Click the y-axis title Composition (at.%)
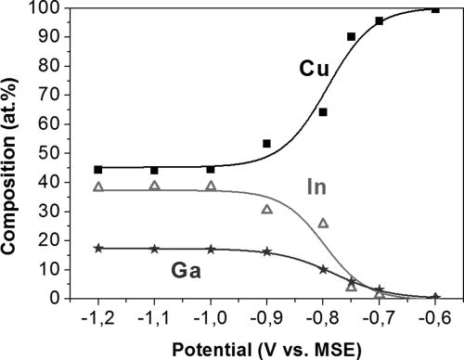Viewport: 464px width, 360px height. tap(14, 153)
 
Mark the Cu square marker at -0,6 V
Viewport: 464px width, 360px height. tap(435, 9)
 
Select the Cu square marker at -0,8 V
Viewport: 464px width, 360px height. tap(323, 112)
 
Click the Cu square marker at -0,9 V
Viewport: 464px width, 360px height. tap(267, 144)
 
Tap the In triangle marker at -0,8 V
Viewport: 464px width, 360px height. tap(323, 223)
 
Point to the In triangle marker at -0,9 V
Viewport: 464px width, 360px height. tap(267, 209)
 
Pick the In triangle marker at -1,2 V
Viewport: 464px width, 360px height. tap(98, 186)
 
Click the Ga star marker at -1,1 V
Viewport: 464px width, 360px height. tap(155, 249)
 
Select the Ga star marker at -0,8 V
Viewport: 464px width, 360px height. tap(323, 269)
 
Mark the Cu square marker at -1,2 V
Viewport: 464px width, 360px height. tap(98, 170)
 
